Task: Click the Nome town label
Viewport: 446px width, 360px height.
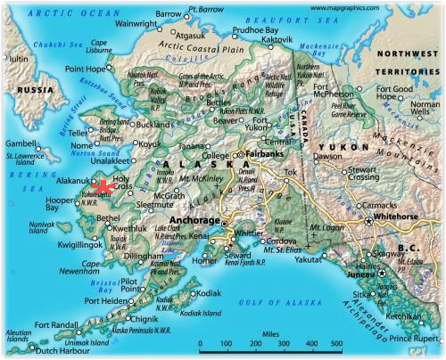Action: pos(85,145)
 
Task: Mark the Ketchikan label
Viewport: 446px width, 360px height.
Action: pos(407,316)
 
